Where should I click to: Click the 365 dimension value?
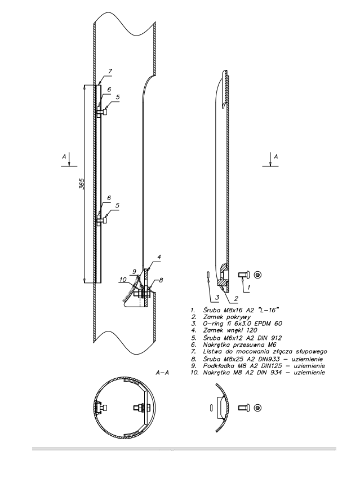pos(81,184)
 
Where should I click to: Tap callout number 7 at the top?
pos(110,72)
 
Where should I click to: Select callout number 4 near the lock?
pos(159,257)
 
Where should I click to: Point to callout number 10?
pos(123,280)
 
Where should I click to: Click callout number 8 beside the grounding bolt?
pos(161,280)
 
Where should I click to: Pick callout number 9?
pos(134,272)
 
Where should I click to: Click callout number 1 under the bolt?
pos(249,288)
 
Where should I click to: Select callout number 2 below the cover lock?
pos(236,298)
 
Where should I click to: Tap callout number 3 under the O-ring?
pos(217,297)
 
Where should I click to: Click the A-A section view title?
pos(162,373)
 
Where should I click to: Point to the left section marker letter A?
pos(64,157)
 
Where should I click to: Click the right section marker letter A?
pos(276,157)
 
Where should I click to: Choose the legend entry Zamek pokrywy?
pos(227,317)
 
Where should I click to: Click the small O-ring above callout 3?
pos(207,275)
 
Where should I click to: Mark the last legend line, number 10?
pos(257,373)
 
